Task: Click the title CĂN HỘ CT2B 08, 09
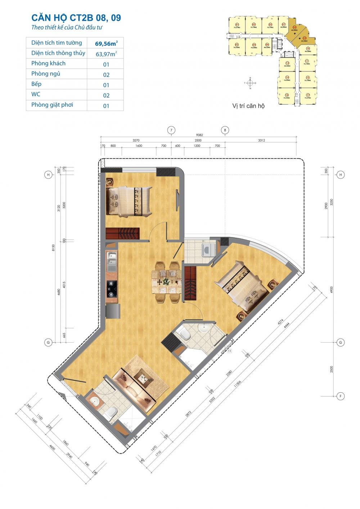pyautogui.click(x=76, y=18)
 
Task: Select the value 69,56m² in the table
pyautogui.click(x=106, y=44)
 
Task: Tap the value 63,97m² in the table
pyautogui.click(x=106, y=54)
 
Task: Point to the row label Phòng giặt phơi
pyautogui.click(x=52, y=105)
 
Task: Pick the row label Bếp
pyautogui.click(x=36, y=84)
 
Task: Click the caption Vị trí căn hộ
pyautogui.click(x=248, y=106)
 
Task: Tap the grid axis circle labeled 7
pyautogui.click(x=171, y=130)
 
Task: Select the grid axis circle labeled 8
pyautogui.click(x=225, y=130)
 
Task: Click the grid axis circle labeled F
pyautogui.click(x=340, y=396)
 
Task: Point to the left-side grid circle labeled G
pyautogui.click(x=48, y=343)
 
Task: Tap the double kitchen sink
pyautogui.click(x=112, y=262)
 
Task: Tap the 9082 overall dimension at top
pyautogui.click(x=200, y=135)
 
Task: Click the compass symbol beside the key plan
pyautogui.click(x=250, y=83)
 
